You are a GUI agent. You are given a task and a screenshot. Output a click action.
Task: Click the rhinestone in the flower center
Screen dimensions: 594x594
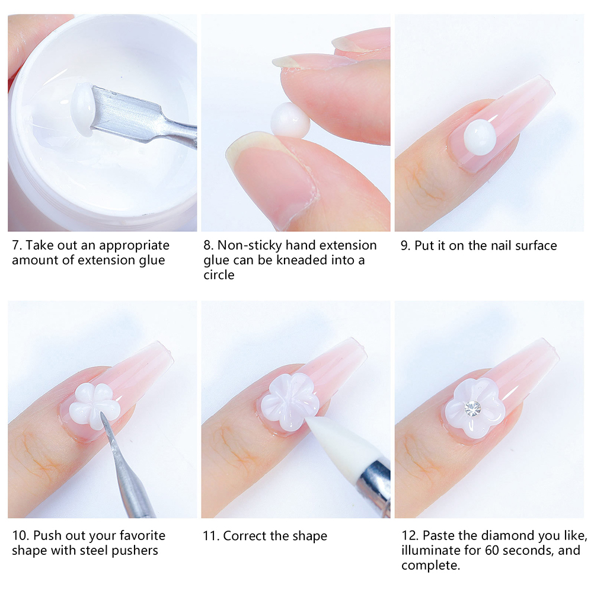473,408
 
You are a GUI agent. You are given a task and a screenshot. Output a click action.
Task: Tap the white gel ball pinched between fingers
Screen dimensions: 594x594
290,120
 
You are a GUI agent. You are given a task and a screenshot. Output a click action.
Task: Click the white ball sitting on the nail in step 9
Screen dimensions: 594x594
480,137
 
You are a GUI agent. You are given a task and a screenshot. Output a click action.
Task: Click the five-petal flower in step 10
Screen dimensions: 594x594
94,406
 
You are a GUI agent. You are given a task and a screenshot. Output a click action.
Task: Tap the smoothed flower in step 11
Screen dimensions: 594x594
289,402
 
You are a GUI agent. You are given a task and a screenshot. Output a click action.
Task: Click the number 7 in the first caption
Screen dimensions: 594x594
15,245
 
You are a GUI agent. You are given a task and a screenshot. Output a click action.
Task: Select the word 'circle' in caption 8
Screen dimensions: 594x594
219,274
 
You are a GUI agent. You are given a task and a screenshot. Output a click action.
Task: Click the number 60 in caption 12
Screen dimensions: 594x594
493,550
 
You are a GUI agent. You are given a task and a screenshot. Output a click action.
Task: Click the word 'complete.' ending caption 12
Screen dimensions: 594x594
431,565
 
